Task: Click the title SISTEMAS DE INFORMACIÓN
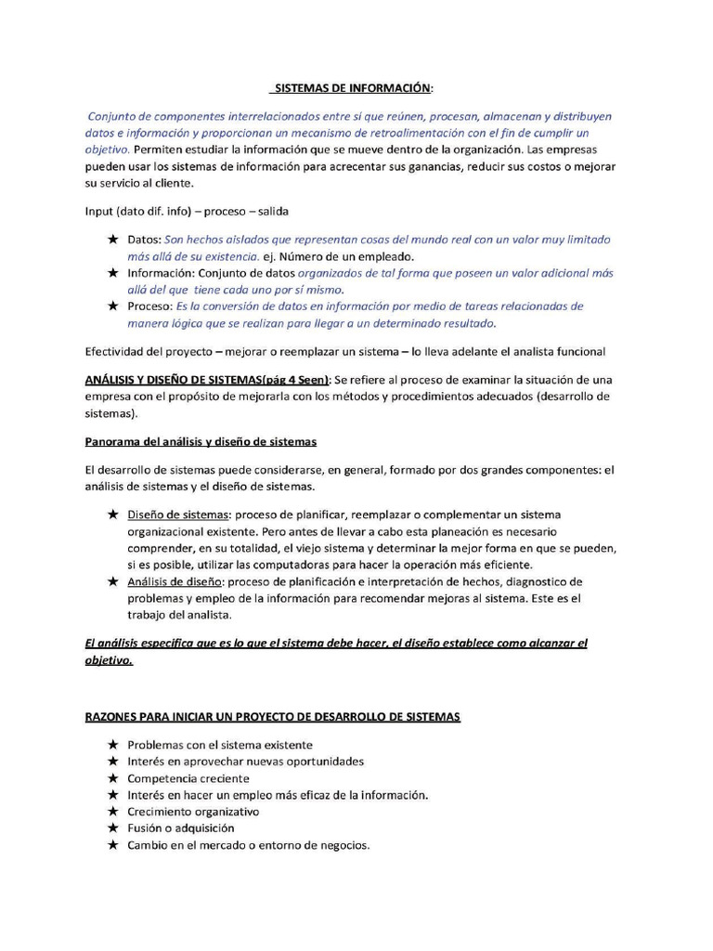[x=350, y=88]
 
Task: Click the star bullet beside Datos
[x=112, y=240]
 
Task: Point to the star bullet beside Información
[x=112, y=273]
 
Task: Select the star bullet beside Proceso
[x=112, y=306]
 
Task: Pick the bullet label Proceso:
[x=149, y=306]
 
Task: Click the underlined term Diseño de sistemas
[x=178, y=515]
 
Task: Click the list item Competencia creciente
[x=188, y=778]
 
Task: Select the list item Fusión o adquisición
[x=181, y=828]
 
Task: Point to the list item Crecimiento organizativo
[x=193, y=812]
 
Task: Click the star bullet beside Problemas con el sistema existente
[x=112, y=745]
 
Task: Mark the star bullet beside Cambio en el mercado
[x=112, y=845]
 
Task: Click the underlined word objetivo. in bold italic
[x=109, y=661]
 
